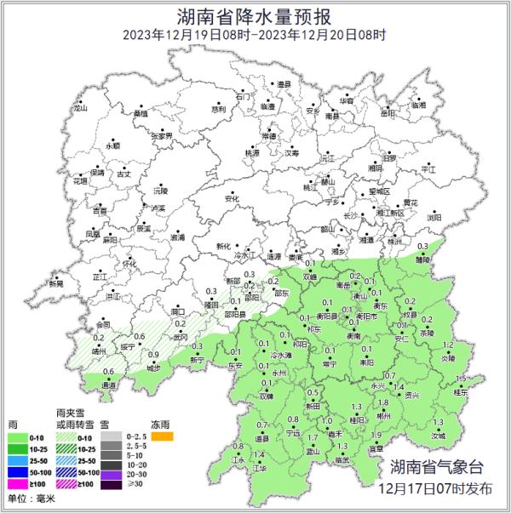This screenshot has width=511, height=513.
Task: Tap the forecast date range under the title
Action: [x=255, y=35]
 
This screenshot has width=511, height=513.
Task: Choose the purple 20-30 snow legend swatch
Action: [x=110, y=473]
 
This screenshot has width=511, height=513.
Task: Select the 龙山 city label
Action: [x=80, y=109]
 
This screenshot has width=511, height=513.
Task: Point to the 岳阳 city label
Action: [x=388, y=112]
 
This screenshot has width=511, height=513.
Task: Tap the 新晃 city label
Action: [x=56, y=283]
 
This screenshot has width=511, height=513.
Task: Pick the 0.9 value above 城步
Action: [x=154, y=355]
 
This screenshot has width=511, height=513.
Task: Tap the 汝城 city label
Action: [x=438, y=435]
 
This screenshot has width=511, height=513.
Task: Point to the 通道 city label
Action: [x=109, y=385]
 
